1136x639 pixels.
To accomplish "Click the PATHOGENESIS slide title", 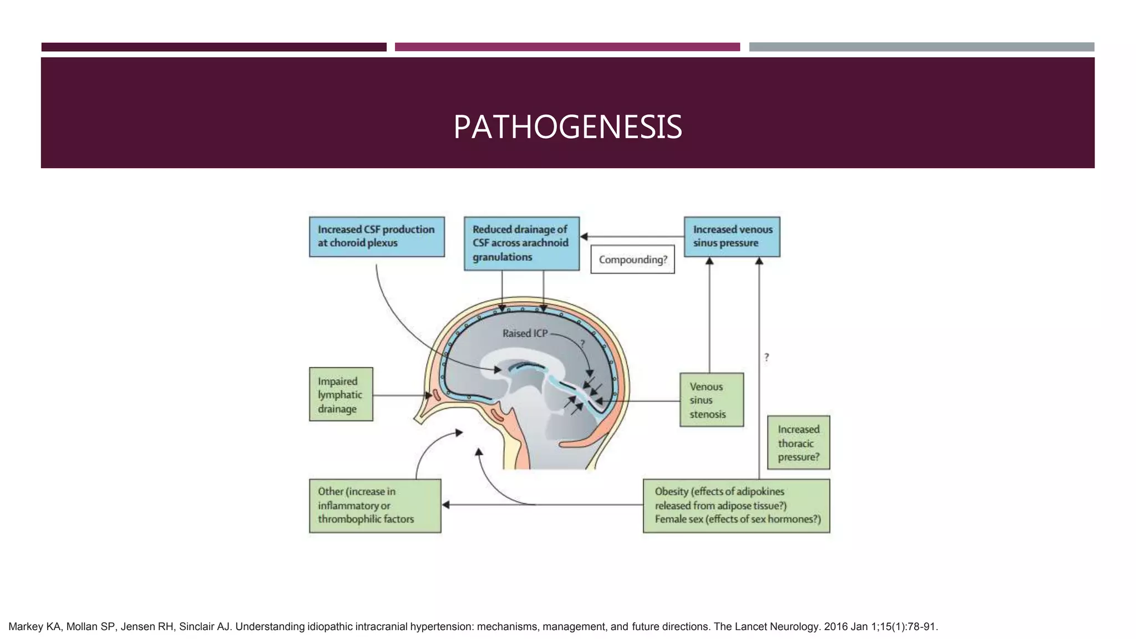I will tap(567, 127).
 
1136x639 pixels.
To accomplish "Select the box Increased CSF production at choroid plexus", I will tap(377, 236).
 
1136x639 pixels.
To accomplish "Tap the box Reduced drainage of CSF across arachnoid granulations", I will tap(521, 243).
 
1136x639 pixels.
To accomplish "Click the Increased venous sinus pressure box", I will tap(732, 236).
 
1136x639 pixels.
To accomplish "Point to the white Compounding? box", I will tap(632, 260).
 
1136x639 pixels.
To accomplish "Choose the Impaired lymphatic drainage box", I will tap(341, 394).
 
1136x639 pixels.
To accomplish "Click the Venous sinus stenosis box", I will tap(711, 400).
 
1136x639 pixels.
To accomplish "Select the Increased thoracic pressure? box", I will tap(798, 443).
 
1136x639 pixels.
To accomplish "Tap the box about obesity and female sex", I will tap(736, 505).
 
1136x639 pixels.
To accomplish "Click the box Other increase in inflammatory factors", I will tap(375, 505).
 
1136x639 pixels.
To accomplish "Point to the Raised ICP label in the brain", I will tap(525, 333).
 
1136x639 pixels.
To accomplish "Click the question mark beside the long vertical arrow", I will tap(767, 358).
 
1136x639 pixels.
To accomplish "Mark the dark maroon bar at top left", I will tap(214, 47).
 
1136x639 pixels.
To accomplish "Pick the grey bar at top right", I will tap(921, 47).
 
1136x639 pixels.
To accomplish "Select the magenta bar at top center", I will tap(567, 47).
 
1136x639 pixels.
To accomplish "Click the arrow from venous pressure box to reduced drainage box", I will tap(632, 237).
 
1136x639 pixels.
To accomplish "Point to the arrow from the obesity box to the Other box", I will tap(544, 505).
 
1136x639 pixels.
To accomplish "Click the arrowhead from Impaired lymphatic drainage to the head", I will tap(428, 395).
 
